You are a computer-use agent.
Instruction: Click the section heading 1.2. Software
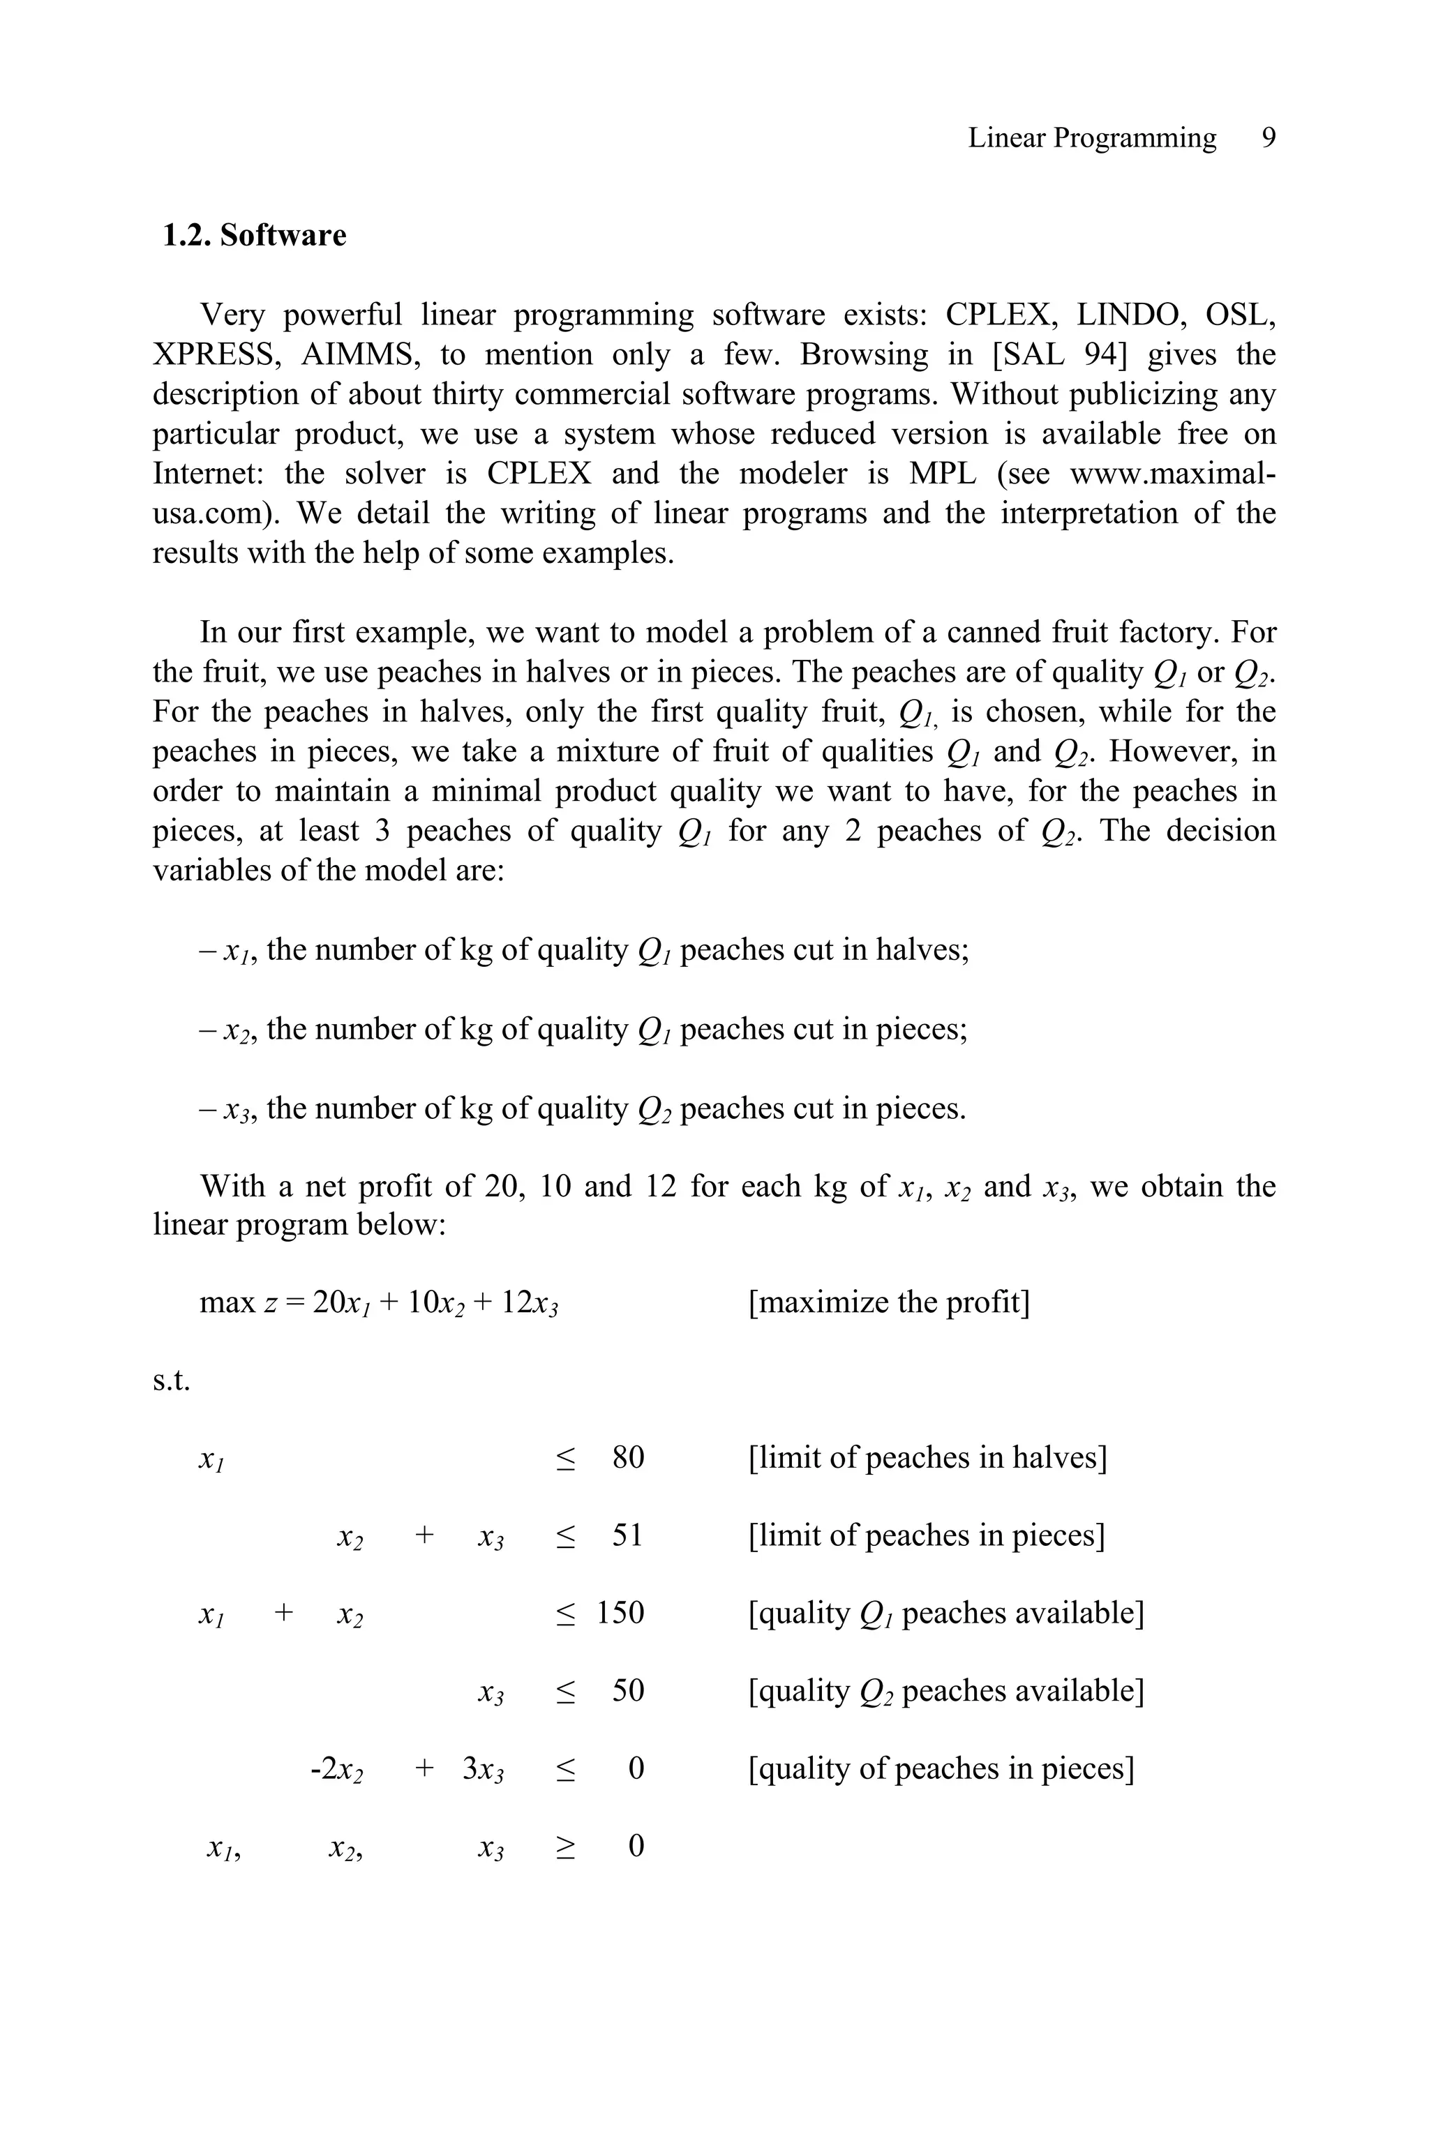(254, 235)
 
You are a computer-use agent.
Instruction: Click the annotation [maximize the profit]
(888, 1302)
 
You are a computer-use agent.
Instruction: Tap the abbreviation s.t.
(172, 1381)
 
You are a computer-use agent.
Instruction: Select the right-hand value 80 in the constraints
(628, 1458)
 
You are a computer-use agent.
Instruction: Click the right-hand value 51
(627, 1535)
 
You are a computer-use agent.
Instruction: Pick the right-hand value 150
(620, 1613)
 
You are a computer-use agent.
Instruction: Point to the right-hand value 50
(628, 1690)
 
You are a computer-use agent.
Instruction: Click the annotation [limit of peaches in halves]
(927, 1458)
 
